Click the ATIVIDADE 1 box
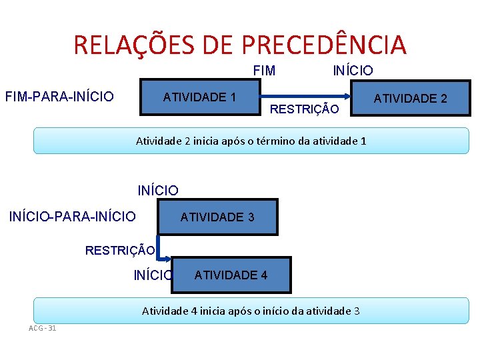pyautogui.click(x=199, y=97)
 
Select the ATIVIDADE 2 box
pyautogui.click(x=410, y=99)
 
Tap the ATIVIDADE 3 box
pyautogui.click(x=217, y=217)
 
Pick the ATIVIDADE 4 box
pyautogui.click(x=231, y=275)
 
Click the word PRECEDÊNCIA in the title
pyautogui.click(x=324, y=45)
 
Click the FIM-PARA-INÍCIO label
pyautogui.click(x=59, y=97)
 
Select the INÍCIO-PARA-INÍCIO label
pyautogui.click(x=73, y=216)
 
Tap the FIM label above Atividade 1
pyautogui.click(x=264, y=70)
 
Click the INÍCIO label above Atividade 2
pyautogui.click(x=353, y=70)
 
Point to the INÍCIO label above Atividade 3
pyautogui.click(x=158, y=191)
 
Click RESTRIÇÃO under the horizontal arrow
pyautogui.click(x=304, y=109)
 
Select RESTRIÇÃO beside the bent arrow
pyautogui.click(x=120, y=251)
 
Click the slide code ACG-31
pyautogui.click(x=43, y=327)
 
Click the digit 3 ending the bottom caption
pyautogui.click(x=357, y=311)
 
